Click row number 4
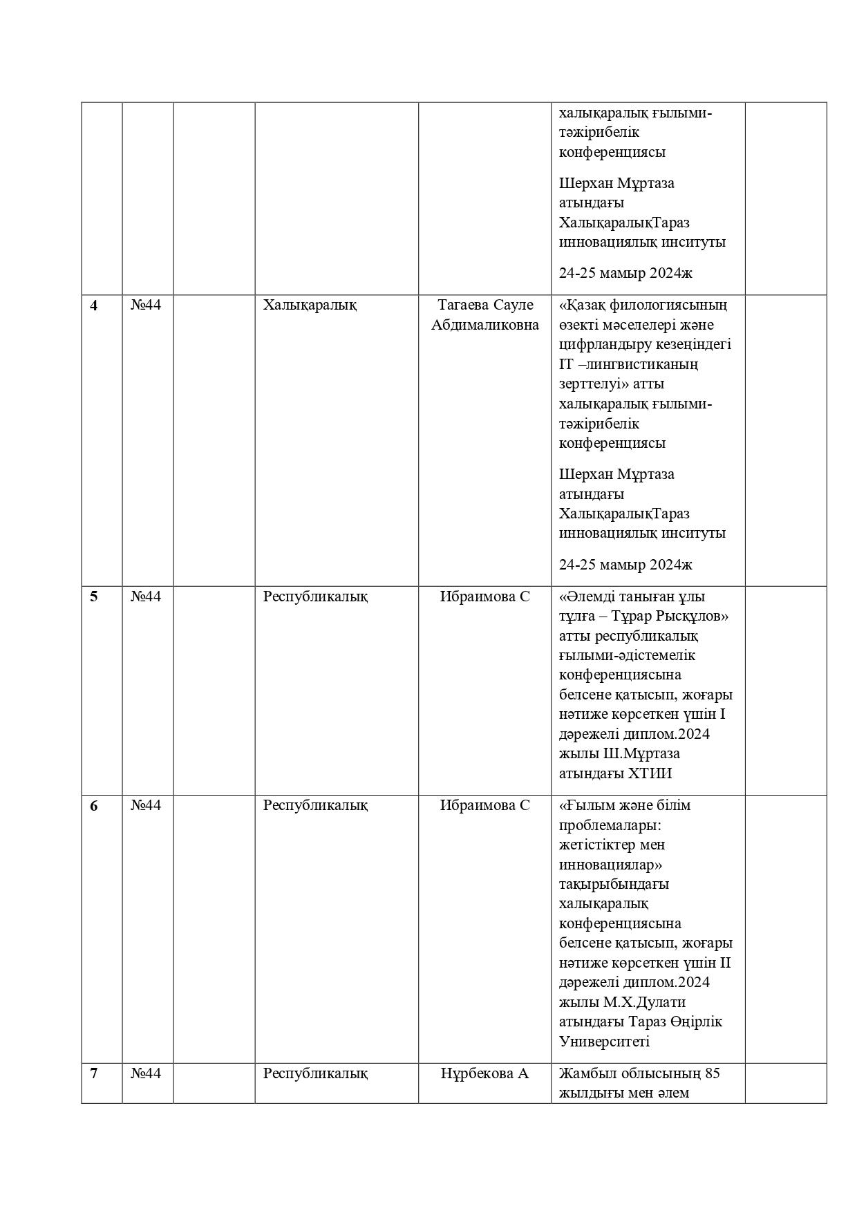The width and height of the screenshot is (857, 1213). click(94, 305)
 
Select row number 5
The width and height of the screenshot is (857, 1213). click(94, 596)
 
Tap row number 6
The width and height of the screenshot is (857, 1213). click(94, 806)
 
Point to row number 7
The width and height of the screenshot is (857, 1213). click(94, 1073)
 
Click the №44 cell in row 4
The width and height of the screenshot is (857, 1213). click(146, 305)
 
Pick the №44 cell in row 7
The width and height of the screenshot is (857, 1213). click(146, 1073)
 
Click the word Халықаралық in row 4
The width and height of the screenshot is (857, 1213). click(310, 305)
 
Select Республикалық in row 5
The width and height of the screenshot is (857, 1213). click(315, 596)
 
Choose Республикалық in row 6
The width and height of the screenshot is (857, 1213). click(315, 806)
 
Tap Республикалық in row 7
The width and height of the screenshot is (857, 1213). click(315, 1073)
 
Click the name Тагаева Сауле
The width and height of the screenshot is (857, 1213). click(485, 305)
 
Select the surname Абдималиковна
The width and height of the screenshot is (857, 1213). click(485, 325)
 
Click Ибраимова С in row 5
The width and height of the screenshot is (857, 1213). click(485, 596)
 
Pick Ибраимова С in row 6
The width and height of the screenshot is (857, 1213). click(485, 806)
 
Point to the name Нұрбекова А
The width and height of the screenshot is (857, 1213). click(485, 1073)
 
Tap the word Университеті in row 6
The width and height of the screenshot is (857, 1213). click(605, 1042)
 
